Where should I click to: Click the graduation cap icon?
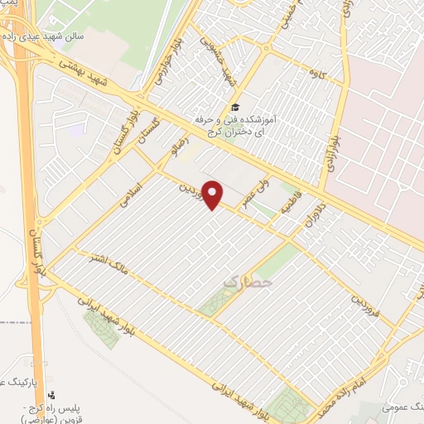pos(234,107)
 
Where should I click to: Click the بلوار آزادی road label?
pos(328,150)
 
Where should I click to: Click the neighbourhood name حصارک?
pos(241,282)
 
